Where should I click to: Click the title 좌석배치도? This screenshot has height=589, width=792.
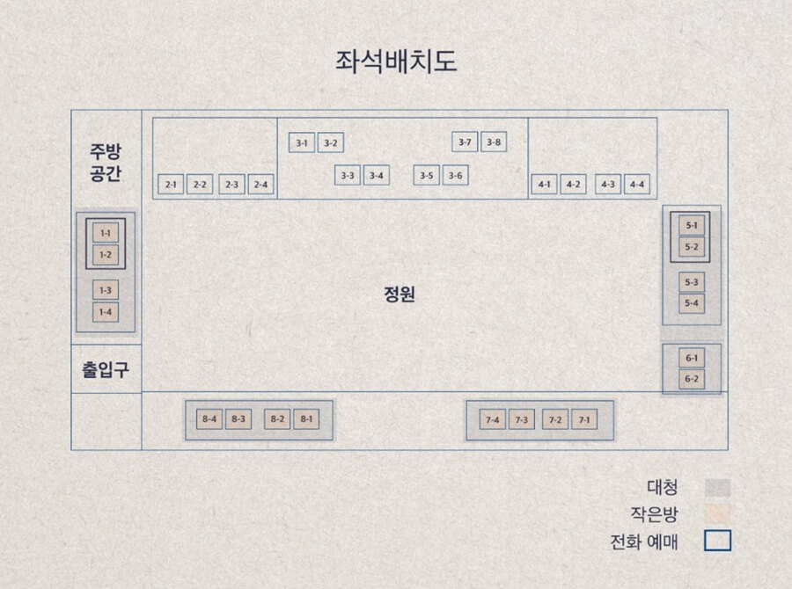(x=396, y=62)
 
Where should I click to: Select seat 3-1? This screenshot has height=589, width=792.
(x=302, y=142)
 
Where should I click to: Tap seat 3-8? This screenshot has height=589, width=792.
(x=494, y=142)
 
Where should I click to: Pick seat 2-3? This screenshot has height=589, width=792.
(x=231, y=185)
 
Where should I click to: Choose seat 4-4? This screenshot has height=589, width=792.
(x=636, y=185)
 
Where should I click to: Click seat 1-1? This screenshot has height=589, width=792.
(x=106, y=233)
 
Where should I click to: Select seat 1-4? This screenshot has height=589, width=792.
(x=106, y=311)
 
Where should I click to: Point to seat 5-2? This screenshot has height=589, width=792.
(x=692, y=247)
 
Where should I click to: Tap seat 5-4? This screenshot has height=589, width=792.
(x=692, y=303)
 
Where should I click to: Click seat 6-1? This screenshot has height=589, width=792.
(x=692, y=358)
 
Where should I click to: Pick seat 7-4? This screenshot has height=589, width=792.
(x=493, y=420)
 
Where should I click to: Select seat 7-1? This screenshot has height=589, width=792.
(x=583, y=420)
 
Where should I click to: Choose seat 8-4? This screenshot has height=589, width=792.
(x=209, y=419)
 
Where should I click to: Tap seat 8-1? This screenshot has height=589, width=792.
(x=306, y=419)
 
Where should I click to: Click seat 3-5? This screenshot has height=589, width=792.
(x=427, y=176)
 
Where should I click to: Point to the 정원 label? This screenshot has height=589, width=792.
(x=399, y=294)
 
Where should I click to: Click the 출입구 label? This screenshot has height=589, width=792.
(x=106, y=369)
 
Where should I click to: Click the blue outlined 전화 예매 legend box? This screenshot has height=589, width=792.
(x=717, y=541)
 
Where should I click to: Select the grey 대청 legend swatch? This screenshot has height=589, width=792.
(x=717, y=487)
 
